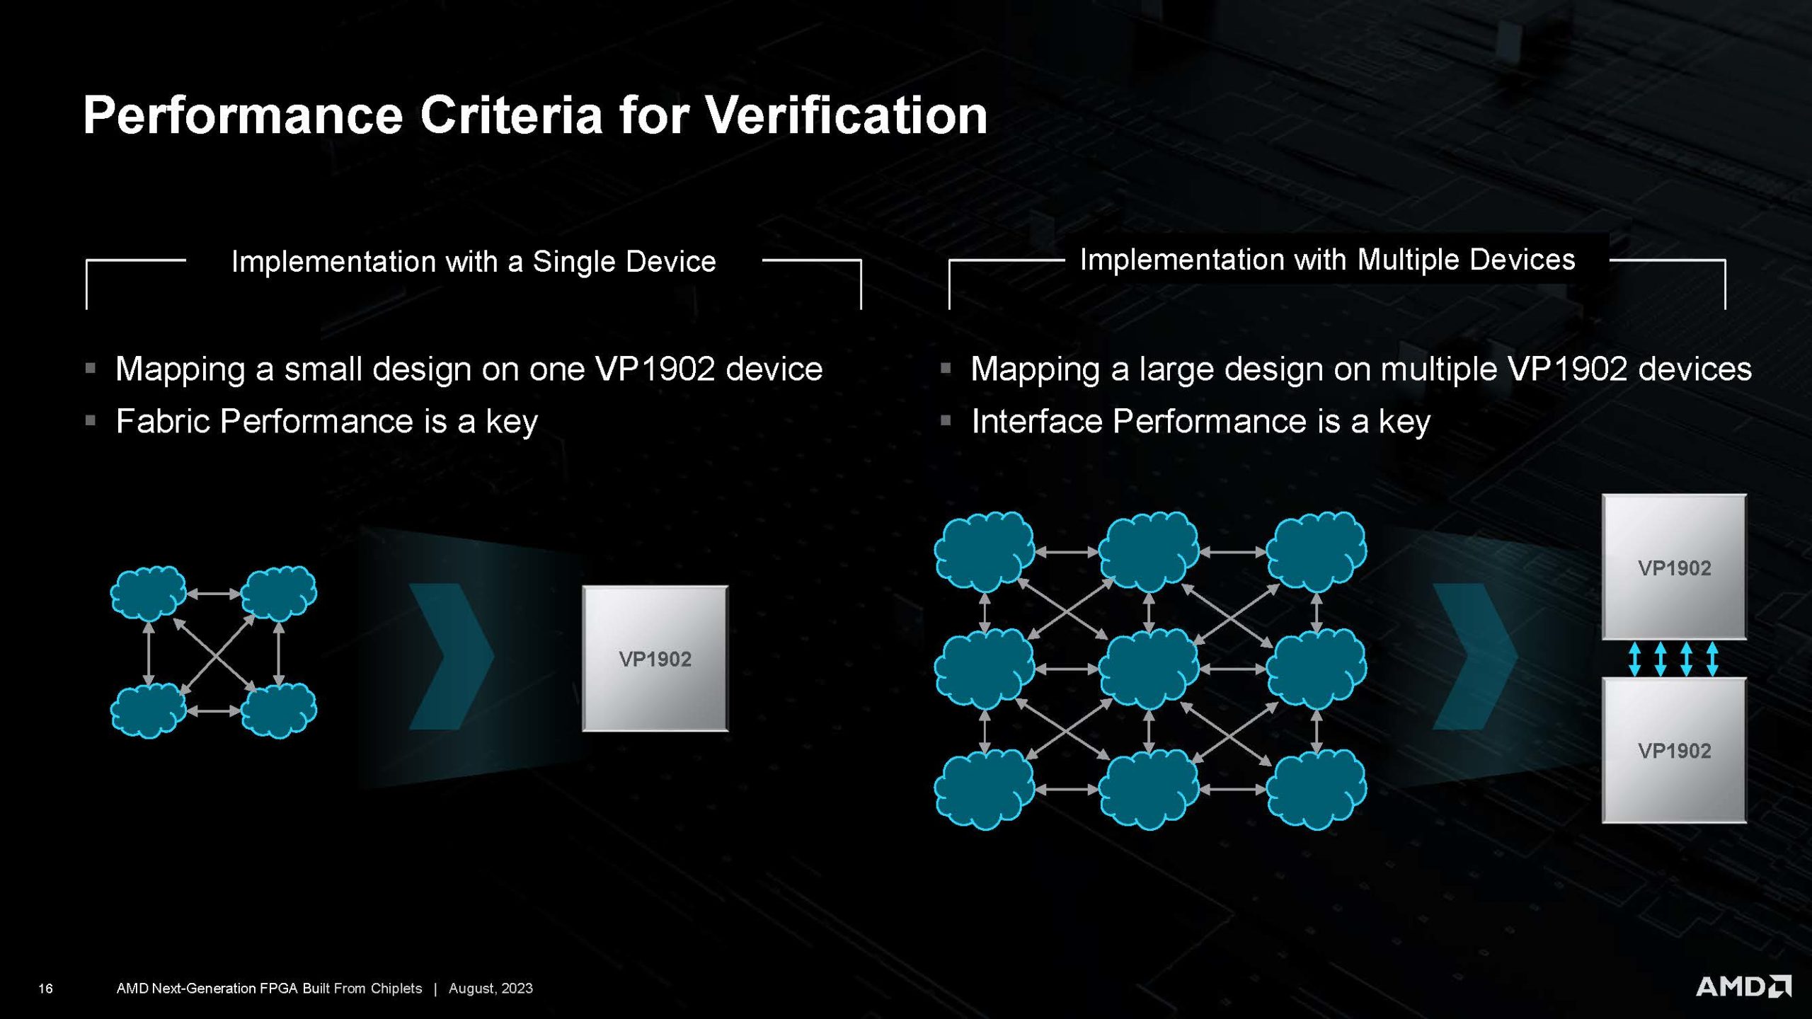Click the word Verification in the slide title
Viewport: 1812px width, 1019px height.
(846, 115)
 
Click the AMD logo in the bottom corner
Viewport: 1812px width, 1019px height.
(1744, 986)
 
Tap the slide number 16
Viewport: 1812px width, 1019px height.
(45, 989)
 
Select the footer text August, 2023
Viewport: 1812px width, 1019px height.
(491, 989)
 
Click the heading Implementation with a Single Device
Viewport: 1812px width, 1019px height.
(474, 262)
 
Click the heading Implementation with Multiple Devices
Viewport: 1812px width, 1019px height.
(1328, 260)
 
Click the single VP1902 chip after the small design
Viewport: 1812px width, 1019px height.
(655, 659)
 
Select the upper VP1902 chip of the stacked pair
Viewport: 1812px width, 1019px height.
(1674, 567)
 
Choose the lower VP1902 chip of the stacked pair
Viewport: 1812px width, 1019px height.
(1674, 750)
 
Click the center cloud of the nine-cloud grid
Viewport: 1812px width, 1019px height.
(1149, 669)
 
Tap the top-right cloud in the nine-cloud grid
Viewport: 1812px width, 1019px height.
(1316, 552)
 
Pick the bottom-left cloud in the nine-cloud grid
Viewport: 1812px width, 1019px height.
(984, 788)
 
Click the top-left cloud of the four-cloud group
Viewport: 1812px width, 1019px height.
(149, 593)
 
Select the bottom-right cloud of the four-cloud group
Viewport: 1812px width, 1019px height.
(279, 710)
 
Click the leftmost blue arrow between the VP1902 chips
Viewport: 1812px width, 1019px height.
(1634, 659)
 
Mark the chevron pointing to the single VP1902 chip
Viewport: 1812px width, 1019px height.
(451, 657)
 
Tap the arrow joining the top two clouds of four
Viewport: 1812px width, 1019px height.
(214, 594)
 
